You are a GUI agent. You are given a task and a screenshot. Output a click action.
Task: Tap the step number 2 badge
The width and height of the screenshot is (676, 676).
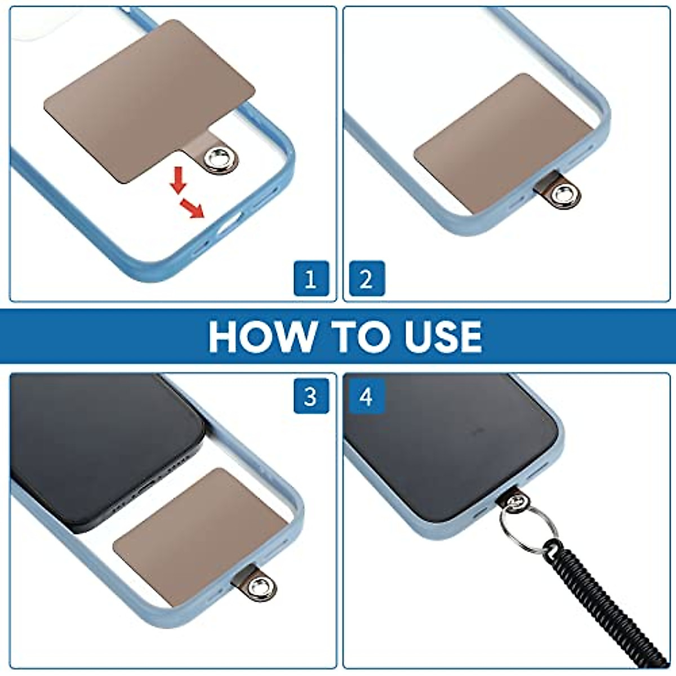tap(367, 278)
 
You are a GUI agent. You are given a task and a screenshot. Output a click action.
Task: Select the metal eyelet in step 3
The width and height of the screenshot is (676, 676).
tap(259, 587)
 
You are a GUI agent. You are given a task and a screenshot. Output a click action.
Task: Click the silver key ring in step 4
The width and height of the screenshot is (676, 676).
tap(527, 523)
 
